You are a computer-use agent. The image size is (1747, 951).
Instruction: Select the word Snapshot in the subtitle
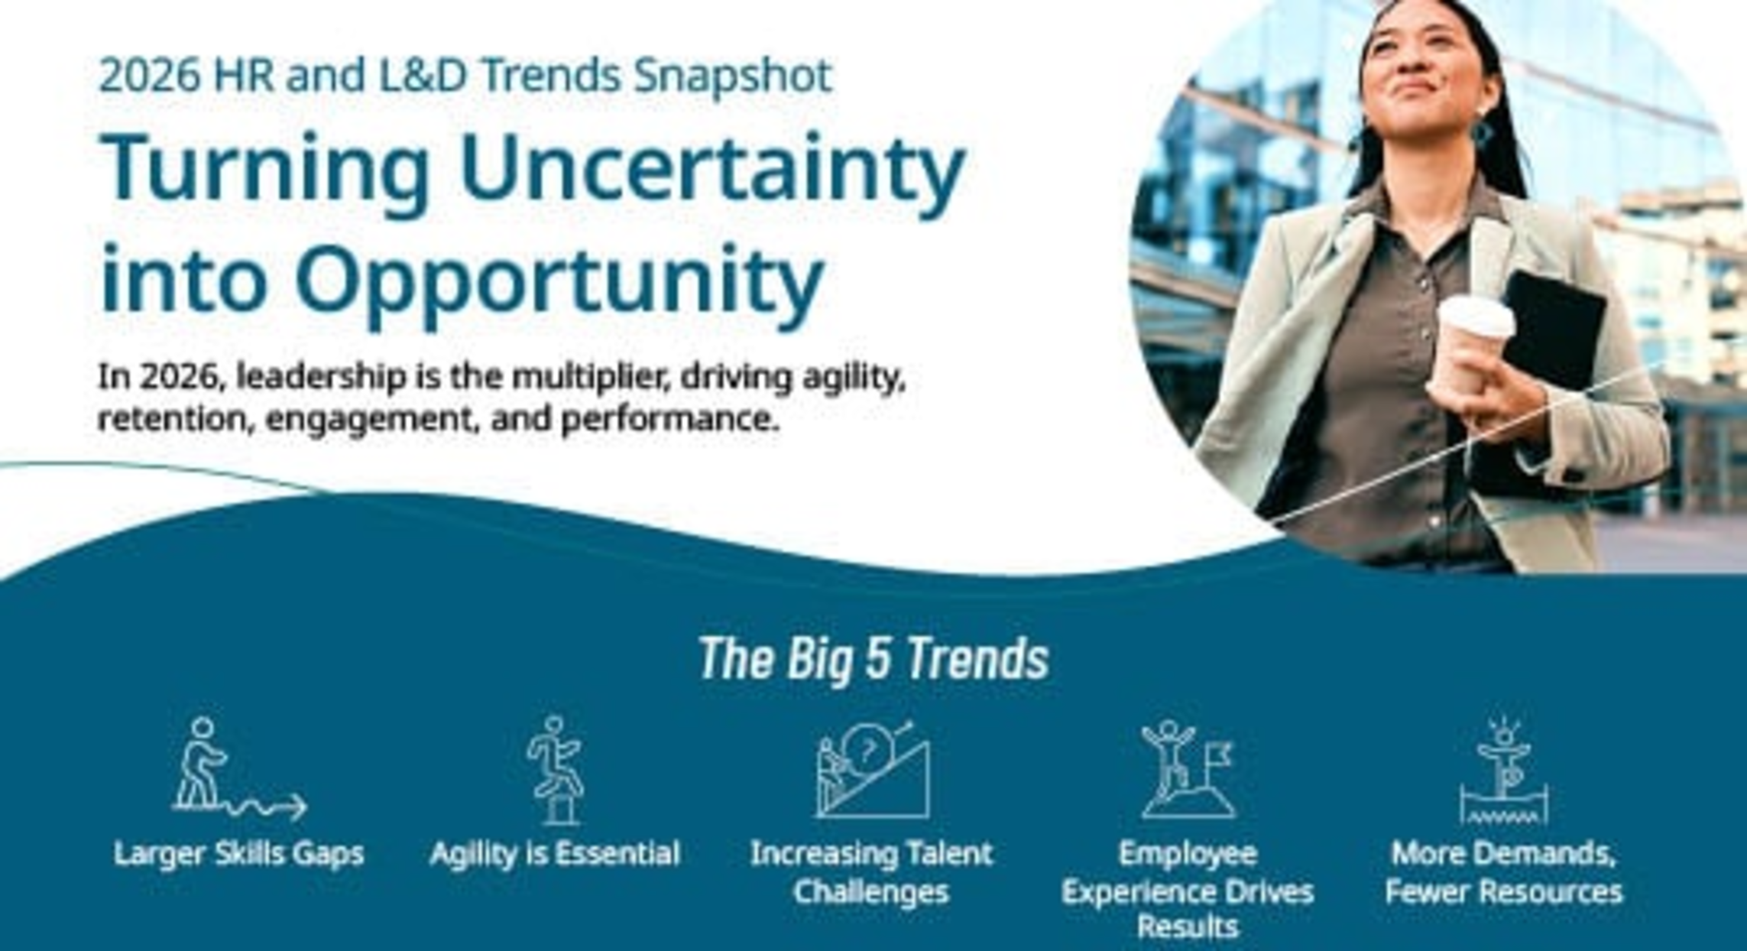pyautogui.click(x=733, y=76)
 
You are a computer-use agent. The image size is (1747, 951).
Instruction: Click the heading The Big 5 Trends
pyautogui.click(x=873, y=658)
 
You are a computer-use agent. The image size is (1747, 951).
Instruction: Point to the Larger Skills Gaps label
pyautogui.click(x=238, y=853)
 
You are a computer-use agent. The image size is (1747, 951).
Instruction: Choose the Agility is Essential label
pyautogui.click(x=555, y=853)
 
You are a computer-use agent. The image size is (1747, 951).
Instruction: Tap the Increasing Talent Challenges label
pyautogui.click(x=872, y=872)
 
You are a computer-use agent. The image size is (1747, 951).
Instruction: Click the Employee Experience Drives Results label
pyautogui.click(x=1188, y=890)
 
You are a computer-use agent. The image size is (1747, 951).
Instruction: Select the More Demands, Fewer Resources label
pyautogui.click(x=1503, y=872)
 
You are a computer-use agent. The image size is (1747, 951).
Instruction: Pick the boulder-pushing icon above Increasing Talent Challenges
pyautogui.click(x=872, y=769)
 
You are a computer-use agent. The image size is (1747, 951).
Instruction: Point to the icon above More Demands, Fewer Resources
pyautogui.click(x=1503, y=771)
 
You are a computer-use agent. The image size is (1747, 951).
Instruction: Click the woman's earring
pyautogui.click(x=1482, y=133)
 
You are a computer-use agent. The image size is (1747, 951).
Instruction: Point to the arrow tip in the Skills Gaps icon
pyautogui.click(x=306, y=807)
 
